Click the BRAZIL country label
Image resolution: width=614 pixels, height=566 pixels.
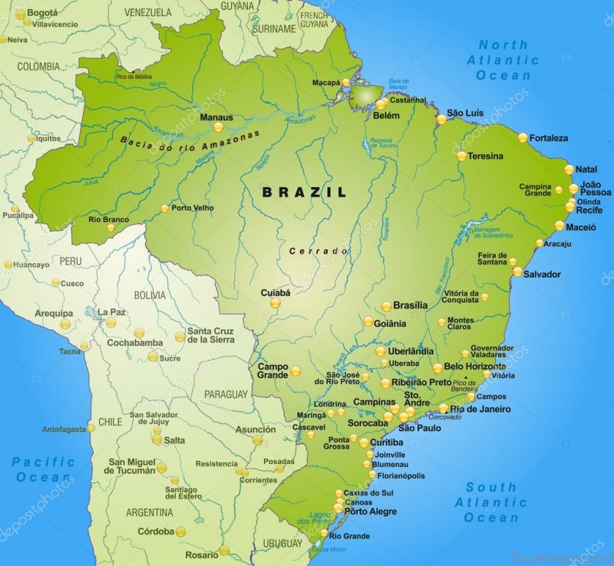(304, 192)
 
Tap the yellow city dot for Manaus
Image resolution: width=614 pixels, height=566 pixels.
(217, 127)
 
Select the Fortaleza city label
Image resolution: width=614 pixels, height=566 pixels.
(548, 138)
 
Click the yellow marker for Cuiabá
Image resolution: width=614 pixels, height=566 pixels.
(276, 303)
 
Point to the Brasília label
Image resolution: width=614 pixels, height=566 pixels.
(410, 305)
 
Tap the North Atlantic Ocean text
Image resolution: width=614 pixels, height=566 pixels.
(503, 60)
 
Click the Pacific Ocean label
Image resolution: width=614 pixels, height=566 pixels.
(44, 469)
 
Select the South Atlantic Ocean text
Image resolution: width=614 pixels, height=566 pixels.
(491, 502)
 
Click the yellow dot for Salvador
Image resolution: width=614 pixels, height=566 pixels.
(518, 271)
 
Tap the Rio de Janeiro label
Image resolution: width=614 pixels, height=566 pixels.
(480, 410)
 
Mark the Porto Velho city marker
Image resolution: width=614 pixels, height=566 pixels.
(164, 208)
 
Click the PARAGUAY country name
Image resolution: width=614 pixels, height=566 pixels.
(226, 394)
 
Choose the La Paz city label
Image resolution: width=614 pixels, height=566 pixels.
(111, 312)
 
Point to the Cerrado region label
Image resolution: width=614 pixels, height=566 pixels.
(319, 251)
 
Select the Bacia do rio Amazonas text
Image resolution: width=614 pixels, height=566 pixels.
(190, 141)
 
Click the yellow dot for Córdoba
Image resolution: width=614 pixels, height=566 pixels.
(180, 531)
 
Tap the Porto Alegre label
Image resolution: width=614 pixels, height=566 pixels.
(371, 512)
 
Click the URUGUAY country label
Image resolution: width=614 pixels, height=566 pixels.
(283, 543)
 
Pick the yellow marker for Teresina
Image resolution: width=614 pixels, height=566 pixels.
(461, 156)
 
